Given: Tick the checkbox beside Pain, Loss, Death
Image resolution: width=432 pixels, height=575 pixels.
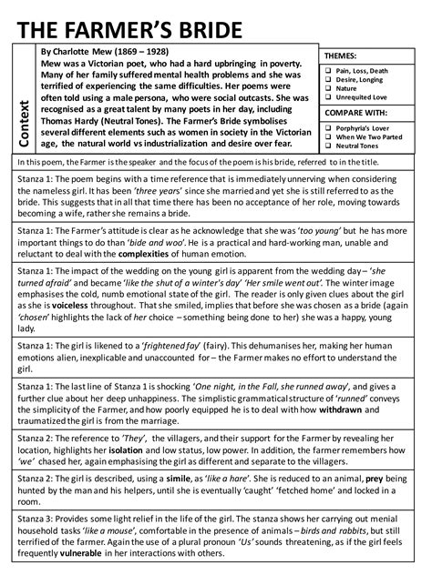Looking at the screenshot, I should (x=328, y=69).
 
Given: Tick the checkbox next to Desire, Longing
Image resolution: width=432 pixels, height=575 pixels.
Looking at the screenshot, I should (x=328, y=79).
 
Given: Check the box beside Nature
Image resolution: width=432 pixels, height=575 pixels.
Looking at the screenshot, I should (x=328, y=89).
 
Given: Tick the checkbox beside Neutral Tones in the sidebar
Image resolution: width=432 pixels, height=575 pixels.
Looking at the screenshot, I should (x=328, y=146).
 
